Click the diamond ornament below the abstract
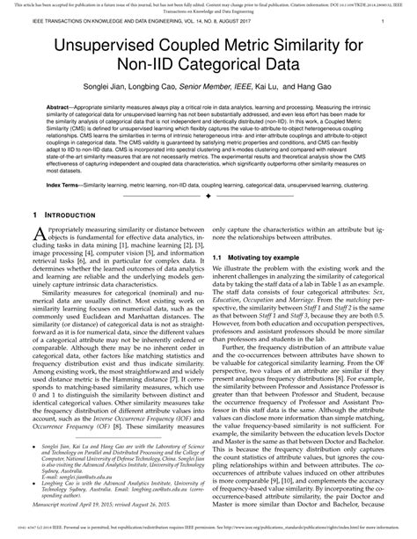coord(208,197)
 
